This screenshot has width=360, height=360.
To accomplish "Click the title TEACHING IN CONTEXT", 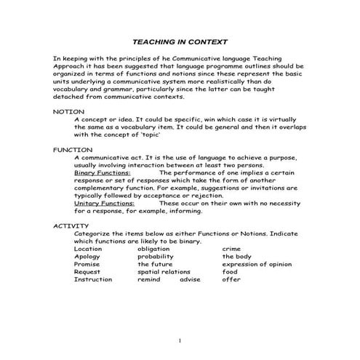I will coord(180,41).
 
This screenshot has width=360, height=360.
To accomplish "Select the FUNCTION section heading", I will coord(73,149).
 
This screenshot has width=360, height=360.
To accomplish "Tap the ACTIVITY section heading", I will coord(71,225).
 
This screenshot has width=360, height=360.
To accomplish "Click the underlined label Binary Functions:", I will coord(102,172).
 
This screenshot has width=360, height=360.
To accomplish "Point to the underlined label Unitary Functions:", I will coord(104,203).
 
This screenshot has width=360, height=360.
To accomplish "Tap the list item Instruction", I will coord(93,279).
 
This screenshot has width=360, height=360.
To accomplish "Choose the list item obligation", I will coord(153,249).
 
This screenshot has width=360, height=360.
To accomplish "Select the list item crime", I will coord(231,249).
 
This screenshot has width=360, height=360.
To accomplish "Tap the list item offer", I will coord(231,279).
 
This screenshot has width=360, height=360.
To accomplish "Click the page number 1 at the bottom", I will coord(180,340).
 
